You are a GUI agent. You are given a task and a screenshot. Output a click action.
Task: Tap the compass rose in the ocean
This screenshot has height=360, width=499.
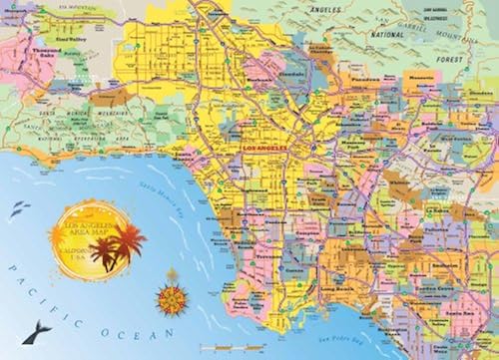point(169,296)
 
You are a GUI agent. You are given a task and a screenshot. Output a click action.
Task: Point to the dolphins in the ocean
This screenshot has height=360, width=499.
point(19,209)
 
